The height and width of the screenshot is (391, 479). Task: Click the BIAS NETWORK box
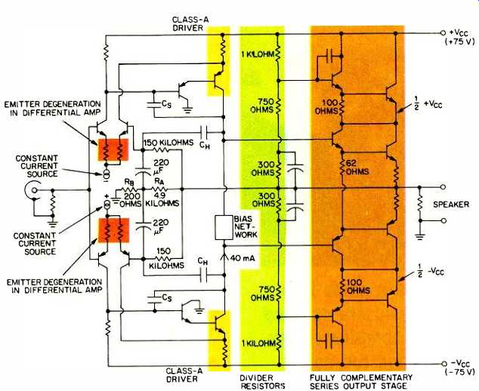coord(224,228)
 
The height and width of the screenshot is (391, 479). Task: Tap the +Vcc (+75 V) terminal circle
coord(443,32)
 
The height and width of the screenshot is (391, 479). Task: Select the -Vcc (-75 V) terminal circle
coord(443,364)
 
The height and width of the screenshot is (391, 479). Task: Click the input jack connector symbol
coord(33,190)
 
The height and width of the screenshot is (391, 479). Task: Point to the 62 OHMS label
coord(357,168)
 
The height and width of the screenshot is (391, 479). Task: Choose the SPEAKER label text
coord(451,205)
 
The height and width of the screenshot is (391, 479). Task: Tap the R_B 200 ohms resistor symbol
coord(130,189)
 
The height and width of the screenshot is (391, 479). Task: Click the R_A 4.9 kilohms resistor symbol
coord(160,189)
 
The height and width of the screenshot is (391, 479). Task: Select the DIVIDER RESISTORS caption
coord(262,381)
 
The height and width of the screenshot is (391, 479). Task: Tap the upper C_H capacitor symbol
coord(205,132)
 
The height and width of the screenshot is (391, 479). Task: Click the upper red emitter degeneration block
coord(113,149)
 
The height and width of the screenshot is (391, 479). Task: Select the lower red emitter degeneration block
coord(113,230)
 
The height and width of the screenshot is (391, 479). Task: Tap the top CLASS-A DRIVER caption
coord(187,24)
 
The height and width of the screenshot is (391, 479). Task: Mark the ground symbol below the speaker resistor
coord(420,236)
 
